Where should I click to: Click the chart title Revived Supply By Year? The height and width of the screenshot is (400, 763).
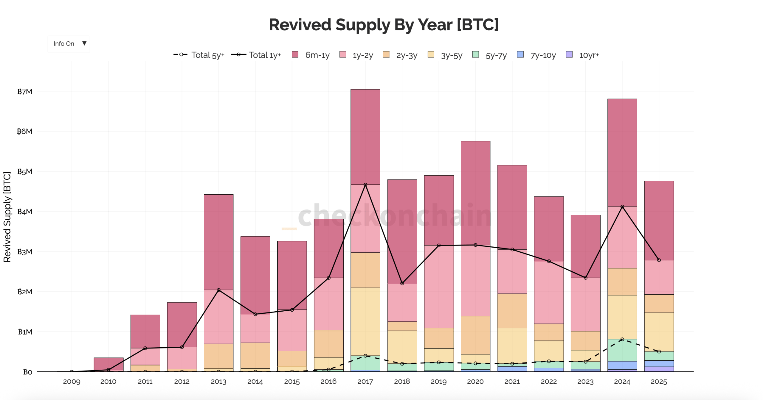[x=383, y=25]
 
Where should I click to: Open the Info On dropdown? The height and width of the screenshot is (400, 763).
[x=69, y=44]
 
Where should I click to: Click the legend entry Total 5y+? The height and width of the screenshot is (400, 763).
[x=199, y=55]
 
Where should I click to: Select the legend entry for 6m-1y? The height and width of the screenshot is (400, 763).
[x=311, y=55]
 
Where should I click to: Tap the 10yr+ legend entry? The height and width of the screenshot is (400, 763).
[x=582, y=55]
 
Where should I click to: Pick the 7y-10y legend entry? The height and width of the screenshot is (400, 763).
[x=536, y=55]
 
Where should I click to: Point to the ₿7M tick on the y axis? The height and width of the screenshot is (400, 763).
[x=25, y=91]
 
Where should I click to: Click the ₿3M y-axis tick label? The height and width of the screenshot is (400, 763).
[x=25, y=252]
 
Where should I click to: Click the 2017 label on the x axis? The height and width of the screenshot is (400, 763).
[x=365, y=382]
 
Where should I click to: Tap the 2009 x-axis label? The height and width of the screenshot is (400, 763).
[x=72, y=382]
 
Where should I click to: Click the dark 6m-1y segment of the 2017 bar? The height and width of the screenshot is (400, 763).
[x=365, y=137]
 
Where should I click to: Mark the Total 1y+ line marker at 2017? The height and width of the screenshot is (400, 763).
[x=365, y=185]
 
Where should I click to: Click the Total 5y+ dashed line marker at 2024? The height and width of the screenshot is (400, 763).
[x=622, y=339]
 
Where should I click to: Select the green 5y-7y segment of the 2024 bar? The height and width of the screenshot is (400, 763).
[x=622, y=350]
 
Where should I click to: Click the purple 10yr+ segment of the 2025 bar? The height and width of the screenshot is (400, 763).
[x=659, y=369]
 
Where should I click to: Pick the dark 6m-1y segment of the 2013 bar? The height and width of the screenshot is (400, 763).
[x=218, y=242]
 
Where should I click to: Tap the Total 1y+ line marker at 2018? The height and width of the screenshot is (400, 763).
[x=402, y=283]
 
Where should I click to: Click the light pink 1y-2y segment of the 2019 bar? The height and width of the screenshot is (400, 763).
[x=439, y=287]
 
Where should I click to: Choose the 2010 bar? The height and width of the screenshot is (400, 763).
[x=108, y=364]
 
